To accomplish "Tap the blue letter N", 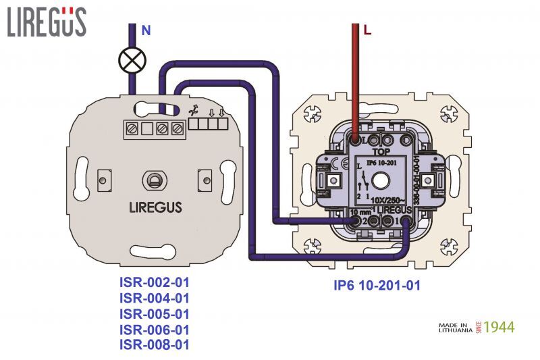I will tap(146, 30).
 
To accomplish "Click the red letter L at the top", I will tap(367, 30).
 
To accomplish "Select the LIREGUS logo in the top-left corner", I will tap(47, 22).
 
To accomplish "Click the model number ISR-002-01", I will tap(155, 282).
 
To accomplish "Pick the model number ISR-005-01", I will tap(155, 314).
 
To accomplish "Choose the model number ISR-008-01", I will tap(155, 345).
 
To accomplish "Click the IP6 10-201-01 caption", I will tap(377, 286).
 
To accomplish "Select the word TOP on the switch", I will tap(374, 152).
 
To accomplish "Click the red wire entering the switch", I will tap(355, 81).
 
